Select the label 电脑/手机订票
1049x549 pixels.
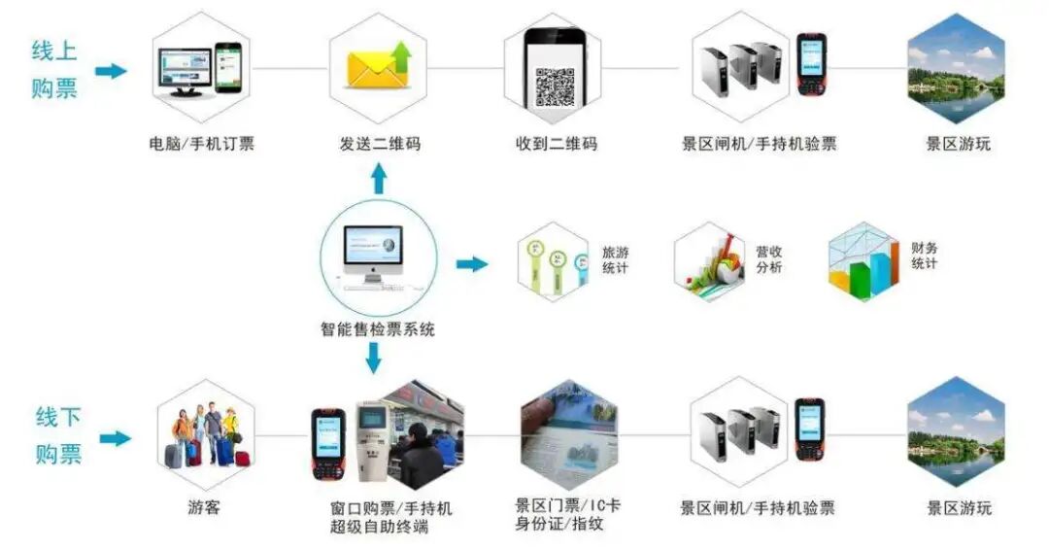202,145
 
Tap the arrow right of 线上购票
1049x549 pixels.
112,70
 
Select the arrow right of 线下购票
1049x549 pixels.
115,438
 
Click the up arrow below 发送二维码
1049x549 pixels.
379,179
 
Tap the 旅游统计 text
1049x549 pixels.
615,258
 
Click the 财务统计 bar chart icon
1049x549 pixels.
863,262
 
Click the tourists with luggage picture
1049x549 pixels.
206,435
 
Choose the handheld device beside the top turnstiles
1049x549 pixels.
811,64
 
